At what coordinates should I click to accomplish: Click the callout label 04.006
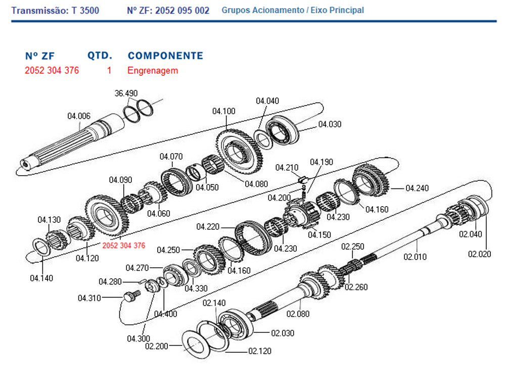79,117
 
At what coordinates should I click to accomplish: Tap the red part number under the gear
123,246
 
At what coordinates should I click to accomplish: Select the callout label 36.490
126,93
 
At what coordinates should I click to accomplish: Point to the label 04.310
89,298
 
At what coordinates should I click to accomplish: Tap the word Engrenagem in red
153,71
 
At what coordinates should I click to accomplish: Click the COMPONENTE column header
165,56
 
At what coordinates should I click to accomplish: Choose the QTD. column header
100,56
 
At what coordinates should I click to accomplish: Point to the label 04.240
417,188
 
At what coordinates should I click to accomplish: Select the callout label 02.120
259,351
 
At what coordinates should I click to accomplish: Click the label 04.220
208,226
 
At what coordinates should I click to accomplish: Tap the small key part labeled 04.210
303,179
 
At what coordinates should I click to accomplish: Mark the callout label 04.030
330,124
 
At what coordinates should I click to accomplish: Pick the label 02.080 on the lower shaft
298,314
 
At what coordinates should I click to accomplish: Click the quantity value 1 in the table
109,71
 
